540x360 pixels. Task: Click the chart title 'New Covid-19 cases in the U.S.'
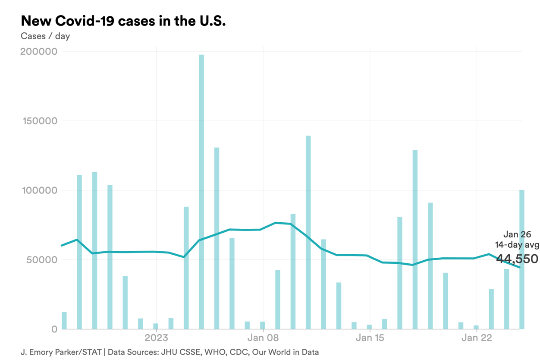[x=123, y=21]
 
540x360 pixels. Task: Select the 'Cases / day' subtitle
[x=45, y=36]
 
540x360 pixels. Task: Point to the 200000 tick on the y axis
[x=39, y=52]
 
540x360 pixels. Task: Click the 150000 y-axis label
[x=39, y=121]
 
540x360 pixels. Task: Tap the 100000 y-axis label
[x=39, y=190]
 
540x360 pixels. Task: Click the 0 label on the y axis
[x=54, y=329]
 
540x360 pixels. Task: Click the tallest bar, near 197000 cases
[x=201, y=190]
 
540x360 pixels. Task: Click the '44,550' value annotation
[x=517, y=259]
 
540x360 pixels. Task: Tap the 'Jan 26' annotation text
[x=517, y=235]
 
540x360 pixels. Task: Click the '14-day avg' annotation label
[x=517, y=245]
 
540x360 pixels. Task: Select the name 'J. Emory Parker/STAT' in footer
[x=61, y=352]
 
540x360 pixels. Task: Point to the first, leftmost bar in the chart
[x=64, y=320]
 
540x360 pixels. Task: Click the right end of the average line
[x=519, y=267]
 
